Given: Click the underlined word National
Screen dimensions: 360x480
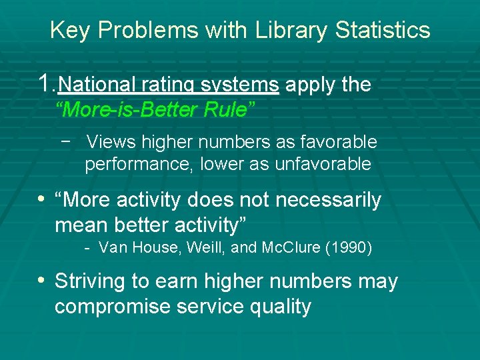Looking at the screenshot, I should (x=96, y=85).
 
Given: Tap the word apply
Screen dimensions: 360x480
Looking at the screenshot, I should (x=311, y=85).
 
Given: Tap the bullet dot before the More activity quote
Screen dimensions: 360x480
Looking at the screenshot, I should (x=43, y=199).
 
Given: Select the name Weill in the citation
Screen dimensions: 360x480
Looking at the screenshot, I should (x=205, y=249).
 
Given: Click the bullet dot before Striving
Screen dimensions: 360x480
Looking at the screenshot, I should (x=43, y=281).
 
